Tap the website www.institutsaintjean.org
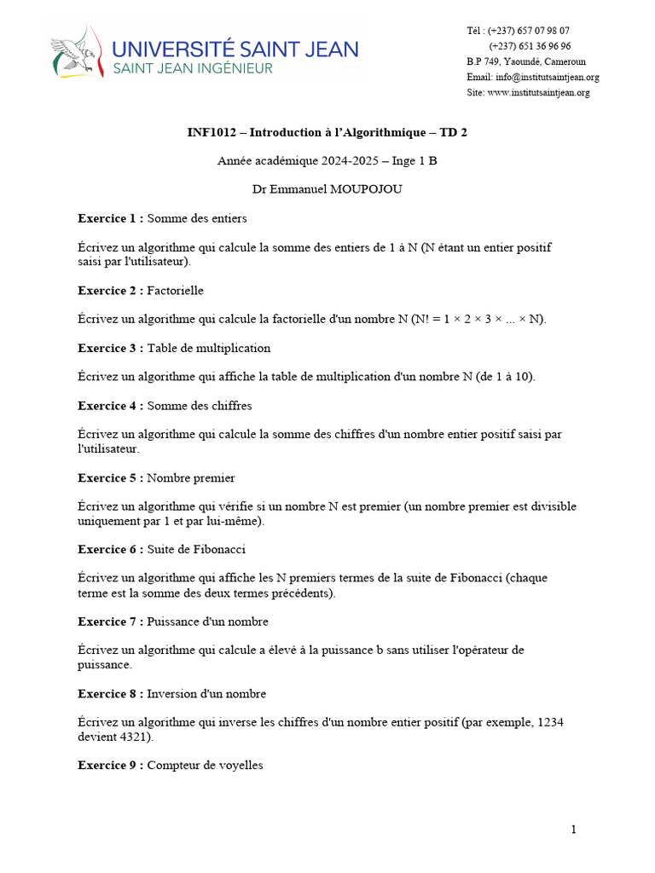point(538,92)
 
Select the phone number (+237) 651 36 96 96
point(530,46)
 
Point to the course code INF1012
point(214,132)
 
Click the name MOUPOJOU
point(368,189)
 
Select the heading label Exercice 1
point(108,218)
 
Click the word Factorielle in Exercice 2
point(175,291)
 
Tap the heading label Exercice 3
point(108,348)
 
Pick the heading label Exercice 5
point(108,477)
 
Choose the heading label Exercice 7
point(108,622)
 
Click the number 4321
point(136,737)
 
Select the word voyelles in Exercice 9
point(241,766)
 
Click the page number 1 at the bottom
point(574,830)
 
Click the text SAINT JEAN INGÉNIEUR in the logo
point(194,68)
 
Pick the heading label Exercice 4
point(108,406)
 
